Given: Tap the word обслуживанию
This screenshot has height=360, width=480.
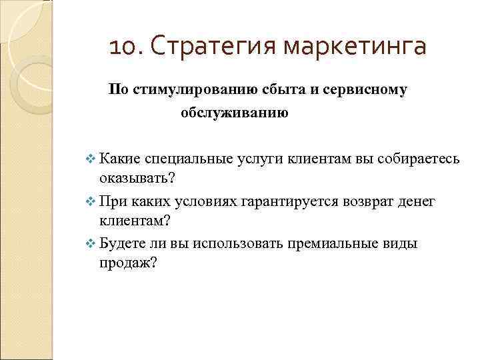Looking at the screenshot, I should tap(224, 114).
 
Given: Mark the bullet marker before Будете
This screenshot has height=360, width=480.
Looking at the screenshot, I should tap(91, 243).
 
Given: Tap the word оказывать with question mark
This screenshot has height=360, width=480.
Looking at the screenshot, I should tap(137, 179).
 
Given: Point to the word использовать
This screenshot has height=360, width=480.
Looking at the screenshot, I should tap(239, 243).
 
